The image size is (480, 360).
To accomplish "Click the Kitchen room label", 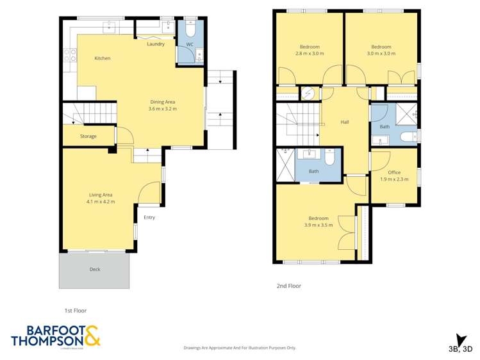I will coord(102,58).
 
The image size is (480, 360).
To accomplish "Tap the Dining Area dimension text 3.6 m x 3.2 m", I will coord(162,109).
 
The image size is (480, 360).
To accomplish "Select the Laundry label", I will coord(155,44).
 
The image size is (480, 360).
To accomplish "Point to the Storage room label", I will coord(88,136).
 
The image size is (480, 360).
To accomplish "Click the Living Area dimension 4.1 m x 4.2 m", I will coord(100,202).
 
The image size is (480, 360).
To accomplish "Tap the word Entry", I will coord(149,217).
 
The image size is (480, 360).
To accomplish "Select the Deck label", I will coord(95,270).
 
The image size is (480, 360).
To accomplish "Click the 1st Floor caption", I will coord(75,311).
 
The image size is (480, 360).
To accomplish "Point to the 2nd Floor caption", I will coord(290,286).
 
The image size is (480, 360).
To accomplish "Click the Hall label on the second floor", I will coord(345,122).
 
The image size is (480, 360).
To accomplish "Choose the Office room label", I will coord(394,172).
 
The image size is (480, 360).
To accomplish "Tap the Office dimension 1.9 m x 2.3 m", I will coord(394,179).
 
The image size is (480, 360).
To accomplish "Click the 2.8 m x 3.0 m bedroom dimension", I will coord(310,54).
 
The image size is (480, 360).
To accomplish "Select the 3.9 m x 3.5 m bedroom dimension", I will coord(318,225).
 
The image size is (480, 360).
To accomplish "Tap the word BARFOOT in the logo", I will coord(47,331).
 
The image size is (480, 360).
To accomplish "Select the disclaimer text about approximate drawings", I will coord(240,348).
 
